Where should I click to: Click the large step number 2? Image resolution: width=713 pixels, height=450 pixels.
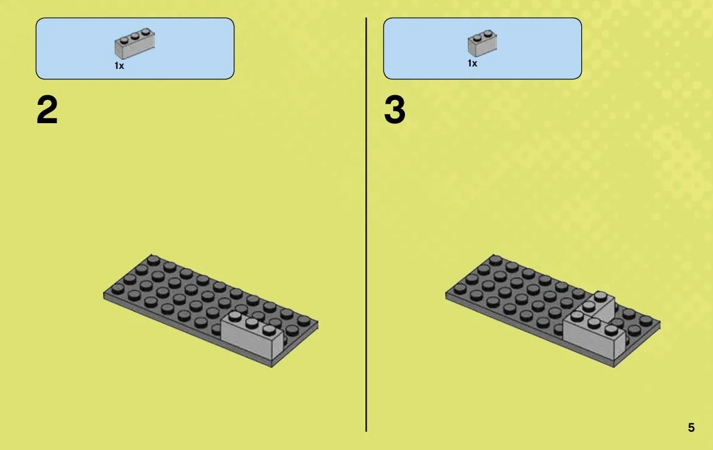pyautogui.click(x=47, y=110)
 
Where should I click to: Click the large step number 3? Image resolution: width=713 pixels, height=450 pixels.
pyautogui.click(x=394, y=110)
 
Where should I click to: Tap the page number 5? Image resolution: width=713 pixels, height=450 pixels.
pyautogui.click(x=691, y=427)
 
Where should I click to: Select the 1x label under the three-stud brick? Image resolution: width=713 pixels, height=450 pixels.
pyautogui.click(x=119, y=66)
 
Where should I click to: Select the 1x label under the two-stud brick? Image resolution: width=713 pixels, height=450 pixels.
pyautogui.click(x=473, y=63)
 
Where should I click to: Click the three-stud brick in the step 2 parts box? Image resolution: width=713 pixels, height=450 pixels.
pyautogui.click(x=135, y=43)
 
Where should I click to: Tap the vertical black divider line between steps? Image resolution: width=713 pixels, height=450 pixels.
pyautogui.click(x=366, y=224)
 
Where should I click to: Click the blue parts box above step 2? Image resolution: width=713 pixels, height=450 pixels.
pyautogui.click(x=135, y=49)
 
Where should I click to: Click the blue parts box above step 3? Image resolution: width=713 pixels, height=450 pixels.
pyautogui.click(x=482, y=49)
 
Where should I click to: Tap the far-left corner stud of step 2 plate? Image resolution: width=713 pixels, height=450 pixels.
pyautogui.click(x=118, y=288)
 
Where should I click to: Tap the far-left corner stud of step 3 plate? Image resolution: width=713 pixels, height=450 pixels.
pyautogui.click(x=460, y=288)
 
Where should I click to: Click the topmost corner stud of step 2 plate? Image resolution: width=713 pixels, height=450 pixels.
pyautogui.click(x=154, y=260)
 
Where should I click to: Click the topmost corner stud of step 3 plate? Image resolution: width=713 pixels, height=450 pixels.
pyautogui.click(x=496, y=260)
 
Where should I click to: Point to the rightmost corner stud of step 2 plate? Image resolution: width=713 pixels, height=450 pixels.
pyautogui.click(x=304, y=321)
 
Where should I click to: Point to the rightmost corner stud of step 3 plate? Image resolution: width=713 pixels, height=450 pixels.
pyautogui.click(x=646, y=321)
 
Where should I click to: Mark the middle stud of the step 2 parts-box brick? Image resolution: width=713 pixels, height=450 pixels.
pyautogui.click(x=135, y=35)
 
